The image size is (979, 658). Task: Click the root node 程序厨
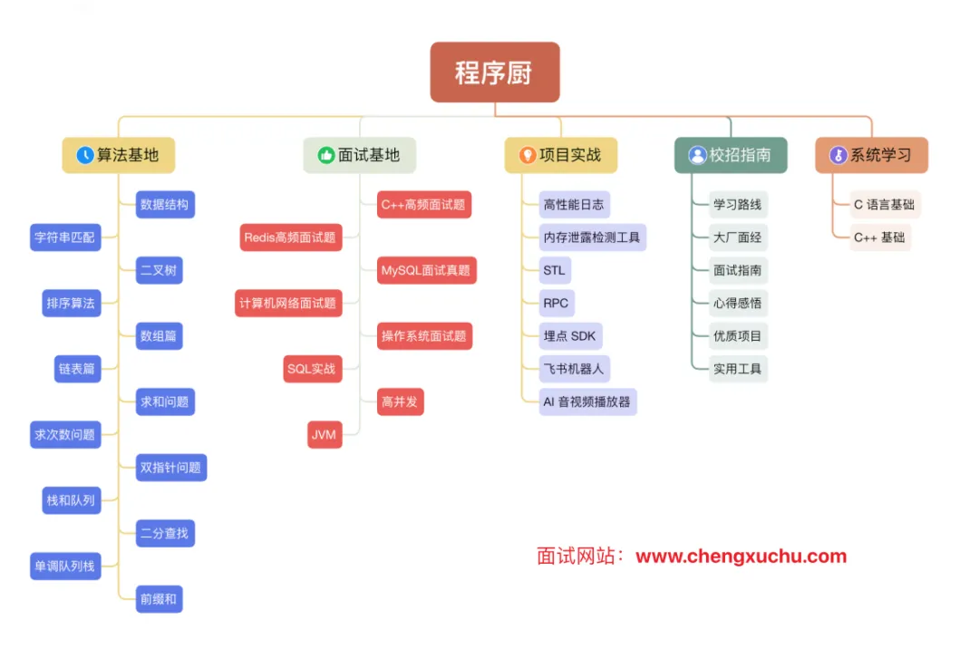[x=494, y=73]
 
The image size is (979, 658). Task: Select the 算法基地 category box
[x=118, y=155]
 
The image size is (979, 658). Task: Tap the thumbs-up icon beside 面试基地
[x=326, y=155]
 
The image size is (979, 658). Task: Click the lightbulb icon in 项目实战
[x=527, y=155]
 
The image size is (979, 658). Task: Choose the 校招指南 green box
[x=731, y=155]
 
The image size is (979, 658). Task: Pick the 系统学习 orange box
[x=871, y=155]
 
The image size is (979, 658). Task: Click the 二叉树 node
[x=159, y=270]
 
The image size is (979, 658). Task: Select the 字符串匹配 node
[x=65, y=238]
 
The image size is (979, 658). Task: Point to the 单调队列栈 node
[x=65, y=566]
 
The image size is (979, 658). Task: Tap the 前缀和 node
[x=159, y=598]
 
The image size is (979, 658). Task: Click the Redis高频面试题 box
[x=289, y=237]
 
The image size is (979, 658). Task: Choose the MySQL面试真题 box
[x=426, y=270]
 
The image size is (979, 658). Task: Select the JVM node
[x=324, y=434]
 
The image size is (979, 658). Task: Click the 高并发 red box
[x=400, y=402]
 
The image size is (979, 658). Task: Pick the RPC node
[x=556, y=303]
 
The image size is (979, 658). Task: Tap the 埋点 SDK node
[x=570, y=335]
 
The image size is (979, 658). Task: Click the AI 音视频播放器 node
[x=587, y=402]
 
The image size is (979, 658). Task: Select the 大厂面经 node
[x=738, y=237]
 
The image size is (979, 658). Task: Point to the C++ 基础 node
[x=879, y=237]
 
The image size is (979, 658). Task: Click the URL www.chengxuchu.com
[x=741, y=556]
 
